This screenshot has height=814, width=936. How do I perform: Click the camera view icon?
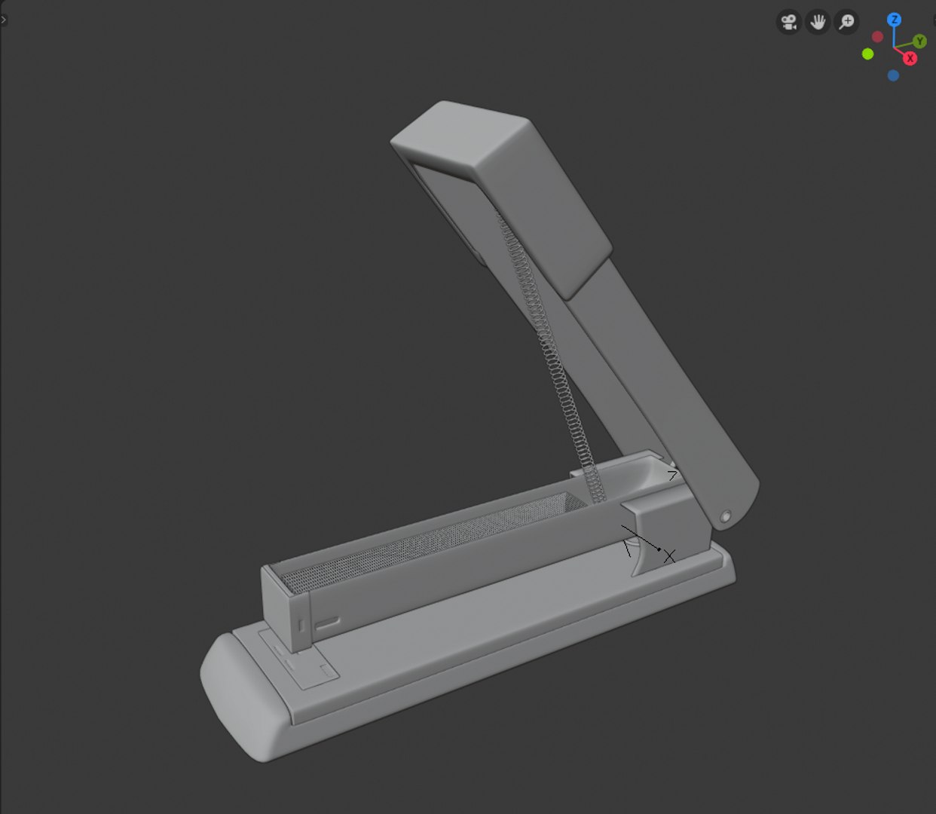[x=788, y=22]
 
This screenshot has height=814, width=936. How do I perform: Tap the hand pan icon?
[x=818, y=22]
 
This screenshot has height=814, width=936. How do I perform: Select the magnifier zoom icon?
[x=847, y=22]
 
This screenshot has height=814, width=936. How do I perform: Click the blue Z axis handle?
[x=895, y=20]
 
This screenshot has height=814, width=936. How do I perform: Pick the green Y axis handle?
[x=920, y=41]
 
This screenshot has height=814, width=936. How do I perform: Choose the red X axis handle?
[x=910, y=58]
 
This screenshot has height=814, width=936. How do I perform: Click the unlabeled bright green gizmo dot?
[x=868, y=54]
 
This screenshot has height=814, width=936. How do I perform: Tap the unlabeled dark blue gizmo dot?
[x=893, y=75]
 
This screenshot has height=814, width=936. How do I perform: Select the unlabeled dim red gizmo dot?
[x=877, y=37]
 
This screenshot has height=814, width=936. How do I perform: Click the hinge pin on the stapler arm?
[x=726, y=517]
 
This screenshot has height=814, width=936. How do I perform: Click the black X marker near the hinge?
[x=669, y=556]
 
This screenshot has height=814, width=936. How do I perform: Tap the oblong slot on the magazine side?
[x=328, y=623]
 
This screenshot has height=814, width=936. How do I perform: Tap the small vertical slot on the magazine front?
[x=301, y=624]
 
